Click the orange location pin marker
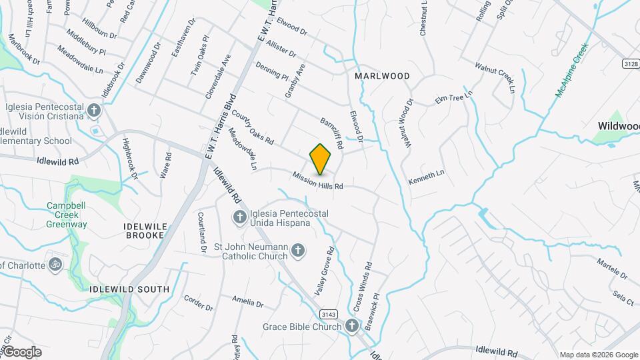[x=320, y=159]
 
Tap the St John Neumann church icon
[x=298, y=251]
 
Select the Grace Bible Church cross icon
[x=352, y=326]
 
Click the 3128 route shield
[x=630, y=63]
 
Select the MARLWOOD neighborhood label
[x=382, y=76]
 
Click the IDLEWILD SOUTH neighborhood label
[x=129, y=289]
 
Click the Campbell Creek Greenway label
[x=67, y=215]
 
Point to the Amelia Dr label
[x=248, y=302]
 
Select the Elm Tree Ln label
[x=453, y=96]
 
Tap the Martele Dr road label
[x=612, y=269]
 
